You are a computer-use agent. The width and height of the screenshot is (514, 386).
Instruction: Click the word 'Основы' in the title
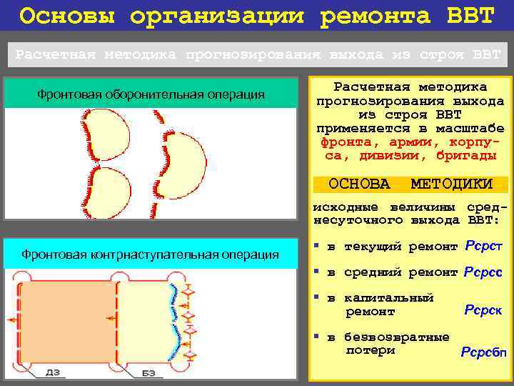[61, 16]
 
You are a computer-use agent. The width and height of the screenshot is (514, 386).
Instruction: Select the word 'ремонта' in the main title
[371, 16]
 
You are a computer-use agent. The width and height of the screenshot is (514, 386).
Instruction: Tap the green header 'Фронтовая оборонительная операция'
[151, 94]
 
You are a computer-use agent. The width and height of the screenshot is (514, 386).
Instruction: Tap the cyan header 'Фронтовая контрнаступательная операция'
[151, 254]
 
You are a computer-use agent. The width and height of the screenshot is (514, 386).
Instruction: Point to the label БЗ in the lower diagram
[148, 372]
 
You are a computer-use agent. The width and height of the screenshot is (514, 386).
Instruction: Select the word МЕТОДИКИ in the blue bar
[452, 184]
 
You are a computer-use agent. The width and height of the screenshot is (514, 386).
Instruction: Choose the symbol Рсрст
[484, 247]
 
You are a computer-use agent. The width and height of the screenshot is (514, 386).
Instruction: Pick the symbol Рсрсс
[483, 272]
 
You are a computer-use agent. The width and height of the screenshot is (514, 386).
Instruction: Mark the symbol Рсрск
[483, 310]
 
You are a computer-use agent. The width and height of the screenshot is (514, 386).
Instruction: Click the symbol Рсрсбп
[484, 352]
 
